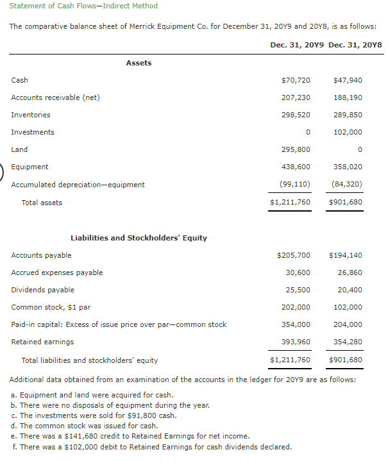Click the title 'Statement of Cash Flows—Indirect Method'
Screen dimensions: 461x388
(83, 6)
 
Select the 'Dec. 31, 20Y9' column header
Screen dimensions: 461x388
(297, 46)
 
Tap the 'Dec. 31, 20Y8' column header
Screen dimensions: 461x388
(355, 46)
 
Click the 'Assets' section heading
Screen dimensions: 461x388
(139, 63)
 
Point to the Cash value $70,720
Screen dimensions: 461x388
(296, 80)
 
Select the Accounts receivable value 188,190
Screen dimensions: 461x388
(348, 97)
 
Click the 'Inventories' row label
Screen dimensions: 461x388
(31, 115)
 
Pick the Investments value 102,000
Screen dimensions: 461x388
(348, 132)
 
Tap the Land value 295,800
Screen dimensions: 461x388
(297, 149)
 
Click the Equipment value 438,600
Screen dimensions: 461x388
(297, 167)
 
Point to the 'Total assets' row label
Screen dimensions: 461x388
(42, 203)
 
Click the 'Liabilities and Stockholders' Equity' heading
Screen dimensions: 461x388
(139, 238)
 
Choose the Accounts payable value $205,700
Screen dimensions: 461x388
(294, 255)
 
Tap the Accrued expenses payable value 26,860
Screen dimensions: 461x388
(350, 272)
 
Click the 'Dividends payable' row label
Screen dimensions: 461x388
(42, 290)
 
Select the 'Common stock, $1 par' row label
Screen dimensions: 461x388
(51, 307)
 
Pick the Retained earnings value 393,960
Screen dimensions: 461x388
(297, 342)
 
